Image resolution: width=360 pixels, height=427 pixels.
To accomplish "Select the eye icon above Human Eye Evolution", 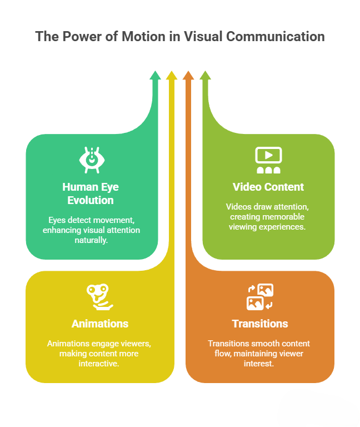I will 92,159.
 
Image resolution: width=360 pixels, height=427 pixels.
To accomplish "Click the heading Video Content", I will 268,187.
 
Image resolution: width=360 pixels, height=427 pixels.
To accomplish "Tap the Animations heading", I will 100,324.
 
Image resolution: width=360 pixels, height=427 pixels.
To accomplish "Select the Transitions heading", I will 260,324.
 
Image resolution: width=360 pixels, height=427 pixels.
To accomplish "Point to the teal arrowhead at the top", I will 155,75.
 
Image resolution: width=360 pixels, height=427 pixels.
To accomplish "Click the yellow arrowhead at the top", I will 172,75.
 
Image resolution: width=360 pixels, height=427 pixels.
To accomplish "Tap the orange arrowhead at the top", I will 188,75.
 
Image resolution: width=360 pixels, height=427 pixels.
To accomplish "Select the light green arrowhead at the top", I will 205,75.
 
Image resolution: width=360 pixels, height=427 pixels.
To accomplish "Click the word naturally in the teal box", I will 92,240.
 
